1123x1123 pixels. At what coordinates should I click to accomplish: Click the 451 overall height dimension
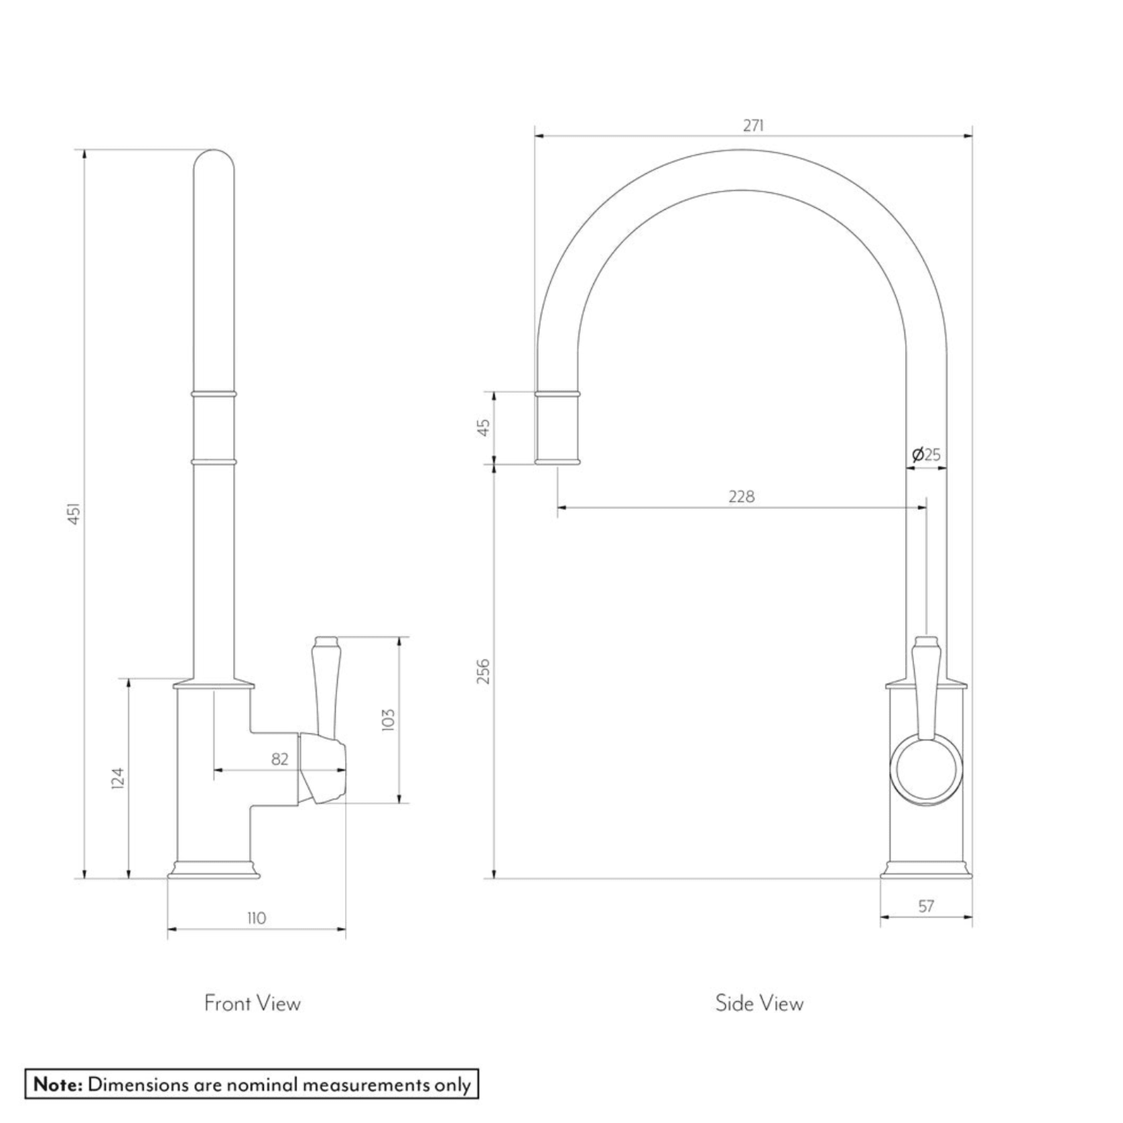[x=75, y=513]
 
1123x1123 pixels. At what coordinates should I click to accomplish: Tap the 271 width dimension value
[x=753, y=125]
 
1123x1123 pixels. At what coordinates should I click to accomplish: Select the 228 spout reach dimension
[x=741, y=497]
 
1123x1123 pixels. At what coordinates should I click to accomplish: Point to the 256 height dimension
[x=483, y=671]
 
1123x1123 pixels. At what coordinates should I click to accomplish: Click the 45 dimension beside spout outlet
[x=483, y=426]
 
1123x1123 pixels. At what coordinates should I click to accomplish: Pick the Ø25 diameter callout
[x=926, y=454]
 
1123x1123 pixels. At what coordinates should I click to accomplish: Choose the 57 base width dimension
[x=925, y=906]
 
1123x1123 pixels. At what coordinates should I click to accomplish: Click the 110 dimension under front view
[x=256, y=918]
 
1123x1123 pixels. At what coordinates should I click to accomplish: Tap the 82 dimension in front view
[x=279, y=759]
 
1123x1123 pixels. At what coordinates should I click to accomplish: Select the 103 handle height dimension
[x=388, y=720]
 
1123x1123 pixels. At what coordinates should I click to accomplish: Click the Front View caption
[x=252, y=1003]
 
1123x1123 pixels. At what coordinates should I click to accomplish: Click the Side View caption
[x=758, y=1003]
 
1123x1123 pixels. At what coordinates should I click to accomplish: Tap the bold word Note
[x=58, y=1084]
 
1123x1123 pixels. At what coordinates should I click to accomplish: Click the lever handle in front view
[x=326, y=683]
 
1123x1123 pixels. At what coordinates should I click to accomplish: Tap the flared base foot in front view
[x=214, y=870]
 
